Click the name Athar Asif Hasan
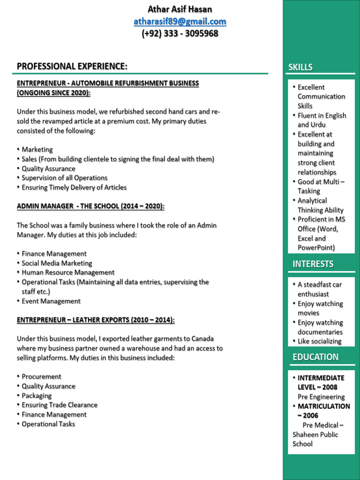tap(180, 9)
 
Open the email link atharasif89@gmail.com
tap(180, 22)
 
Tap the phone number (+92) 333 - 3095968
tap(180, 34)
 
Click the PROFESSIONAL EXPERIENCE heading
tap(72, 67)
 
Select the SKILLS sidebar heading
tap(300, 67)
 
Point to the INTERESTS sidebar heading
tap(313, 264)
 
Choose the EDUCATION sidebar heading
tap(315, 357)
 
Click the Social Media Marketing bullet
tap(57, 263)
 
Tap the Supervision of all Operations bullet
tap(64, 178)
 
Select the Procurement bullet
tap(41, 377)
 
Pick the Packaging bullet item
tap(37, 396)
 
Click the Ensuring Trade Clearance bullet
tap(60, 405)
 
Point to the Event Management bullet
tap(51, 301)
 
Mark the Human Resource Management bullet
tap(68, 273)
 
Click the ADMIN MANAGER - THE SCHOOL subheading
tap(90, 207)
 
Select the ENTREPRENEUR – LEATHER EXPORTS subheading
tap(96, 320)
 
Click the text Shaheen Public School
tap(315, 439)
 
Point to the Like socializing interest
tap(320, 342)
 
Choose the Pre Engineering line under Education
tap(321, 397)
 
